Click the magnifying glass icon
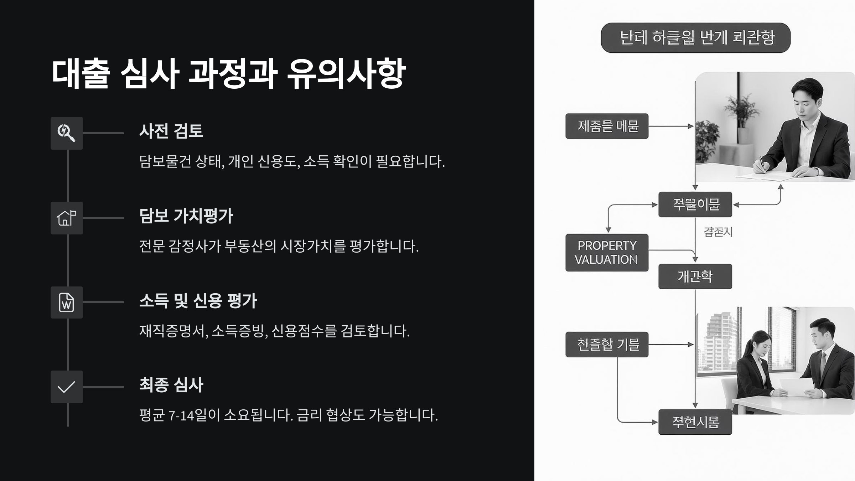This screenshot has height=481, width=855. [x=67, y=133]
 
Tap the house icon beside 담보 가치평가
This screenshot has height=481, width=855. [x=67, y=218]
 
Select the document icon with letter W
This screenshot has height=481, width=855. [x=67, y=302]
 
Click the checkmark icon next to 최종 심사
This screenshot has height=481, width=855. [x=67, y=387]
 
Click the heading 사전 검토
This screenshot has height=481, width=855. [x=171, y=131]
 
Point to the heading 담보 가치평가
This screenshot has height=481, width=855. [x=186, y=216]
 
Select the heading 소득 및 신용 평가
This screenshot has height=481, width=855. [x=198, y=301]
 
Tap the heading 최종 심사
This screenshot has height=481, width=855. [x=171, y=385]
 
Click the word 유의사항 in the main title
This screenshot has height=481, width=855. [x=346, y=74]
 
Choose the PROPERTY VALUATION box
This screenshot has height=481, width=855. [x=607, y=253]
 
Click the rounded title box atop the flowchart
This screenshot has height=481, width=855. [x=695, y=38]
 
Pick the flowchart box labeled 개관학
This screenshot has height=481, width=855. [x=695, y=276]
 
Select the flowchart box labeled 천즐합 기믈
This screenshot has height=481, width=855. [x=607, y=345]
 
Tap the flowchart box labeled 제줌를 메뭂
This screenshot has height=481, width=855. [x=607, y=126]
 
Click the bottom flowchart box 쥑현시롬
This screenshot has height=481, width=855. [x=695, y=422]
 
